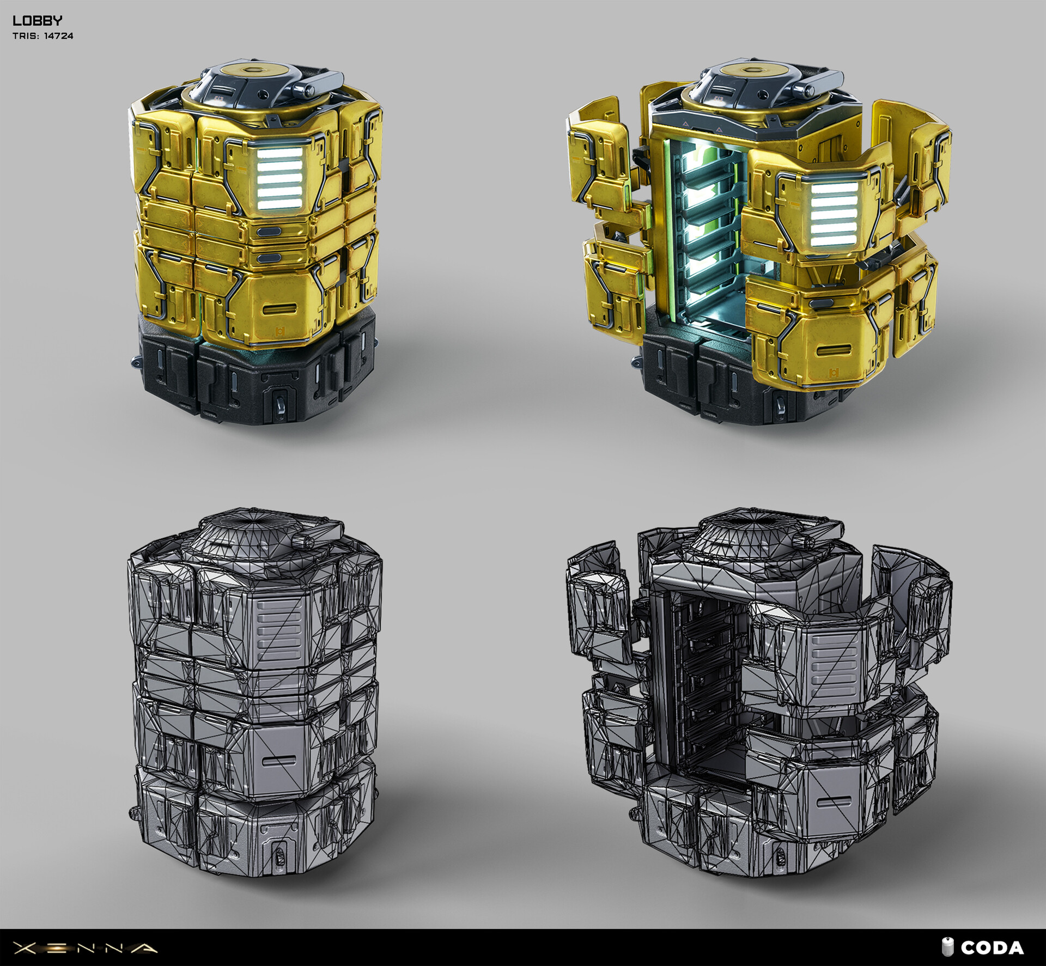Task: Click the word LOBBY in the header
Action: pyautogui.click(x=37, y=21)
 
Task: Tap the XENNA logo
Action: pyautogui.click(x=85, y=948)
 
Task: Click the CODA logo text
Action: pyautogui.click(x=992, y=948)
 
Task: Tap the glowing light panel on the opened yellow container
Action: pyautogui.click(x=832, y=212)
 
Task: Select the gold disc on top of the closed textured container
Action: pyautogui.click(x=254, y=70)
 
